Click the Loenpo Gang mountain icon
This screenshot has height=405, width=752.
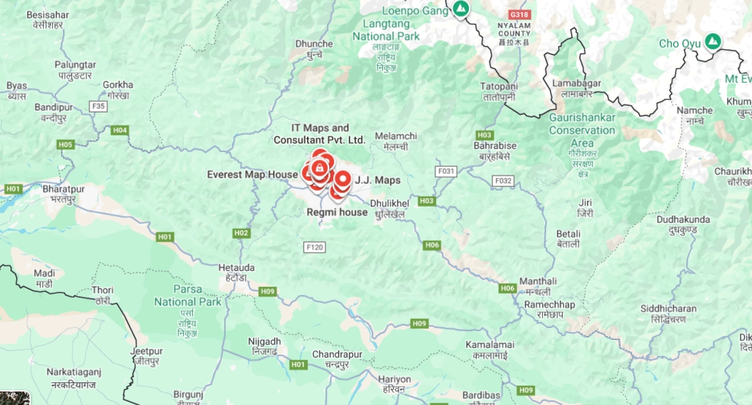(x=460, y=9)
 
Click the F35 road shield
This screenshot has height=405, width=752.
(x=98, y=107)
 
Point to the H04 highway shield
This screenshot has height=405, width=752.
(x=120, y=130)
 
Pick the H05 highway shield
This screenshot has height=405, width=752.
(x=66, y=144)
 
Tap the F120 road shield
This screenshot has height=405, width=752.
(x=315, y=246)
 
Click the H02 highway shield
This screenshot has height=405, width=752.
(x=241, y=232)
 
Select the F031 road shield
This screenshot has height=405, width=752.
(x=446, y=171)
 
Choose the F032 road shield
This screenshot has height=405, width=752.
(x=503, y=181)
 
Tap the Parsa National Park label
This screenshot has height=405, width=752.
(x=188, y=295)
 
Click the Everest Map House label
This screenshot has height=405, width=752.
(x=252, y=175)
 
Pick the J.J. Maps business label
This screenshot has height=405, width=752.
(x=378, y=180)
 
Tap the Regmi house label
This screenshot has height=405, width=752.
(x=337, y=212)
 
